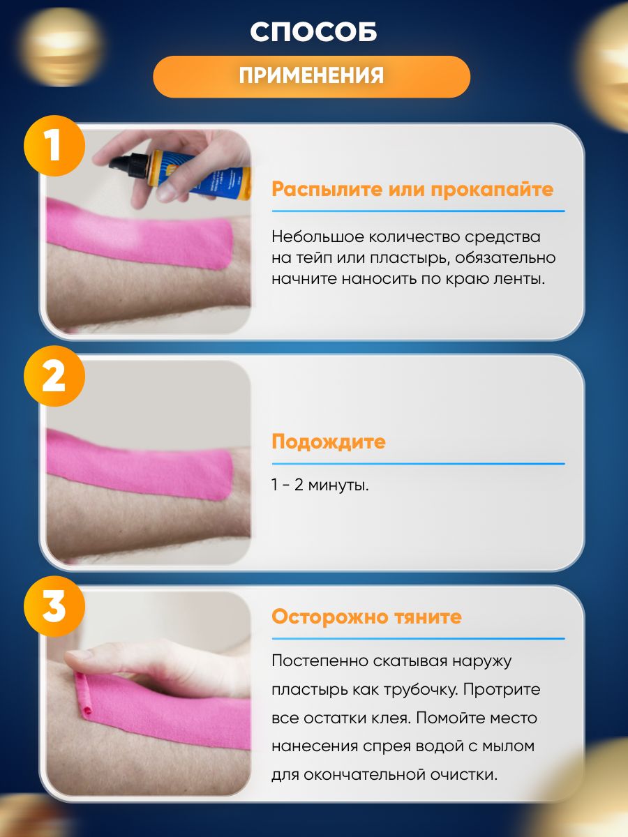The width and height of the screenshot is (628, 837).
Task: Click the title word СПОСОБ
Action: tap(313, 31)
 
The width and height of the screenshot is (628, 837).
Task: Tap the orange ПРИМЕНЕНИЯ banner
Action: tap(311, 77)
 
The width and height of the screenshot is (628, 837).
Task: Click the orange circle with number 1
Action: tap(54, 146)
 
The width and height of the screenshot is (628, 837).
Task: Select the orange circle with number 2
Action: tap(54, 376)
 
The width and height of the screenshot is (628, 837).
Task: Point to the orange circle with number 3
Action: tap(54, 606)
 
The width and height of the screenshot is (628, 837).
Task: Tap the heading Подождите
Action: tap(328, 442)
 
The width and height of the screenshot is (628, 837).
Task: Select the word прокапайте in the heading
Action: tap(492, 189)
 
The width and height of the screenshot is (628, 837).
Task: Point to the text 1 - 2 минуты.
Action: tap(320, 485)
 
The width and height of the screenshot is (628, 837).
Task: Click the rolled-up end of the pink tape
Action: tap(84, 696)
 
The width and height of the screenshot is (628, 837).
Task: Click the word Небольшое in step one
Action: tap(318, 236)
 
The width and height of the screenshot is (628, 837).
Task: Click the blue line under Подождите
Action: tap(418, 464)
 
